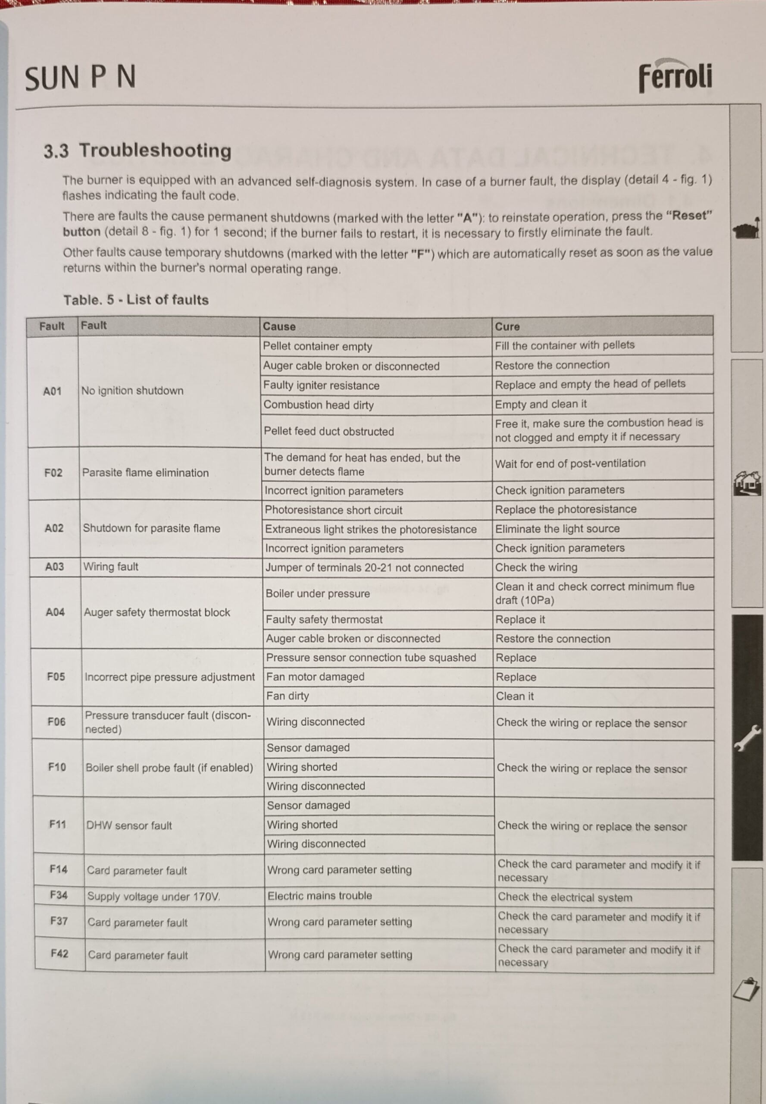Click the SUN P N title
coord(80,78)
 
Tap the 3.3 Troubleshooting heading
coord(138,151)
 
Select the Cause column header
coord(279,326)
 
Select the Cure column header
coord(507,326)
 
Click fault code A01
coord(52,392)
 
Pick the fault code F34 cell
coord(59,895)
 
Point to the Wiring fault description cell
coord(111,567)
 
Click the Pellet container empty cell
coord(317,346)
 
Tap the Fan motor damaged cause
coord(316,677)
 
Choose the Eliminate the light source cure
coord(557,529)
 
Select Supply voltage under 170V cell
coord(153,897)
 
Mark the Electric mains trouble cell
coord(320,896)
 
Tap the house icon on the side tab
coord(747,483)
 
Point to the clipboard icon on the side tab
coord(746,990)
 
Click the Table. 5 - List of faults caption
coord(136,300)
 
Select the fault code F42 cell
coord(59,953)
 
